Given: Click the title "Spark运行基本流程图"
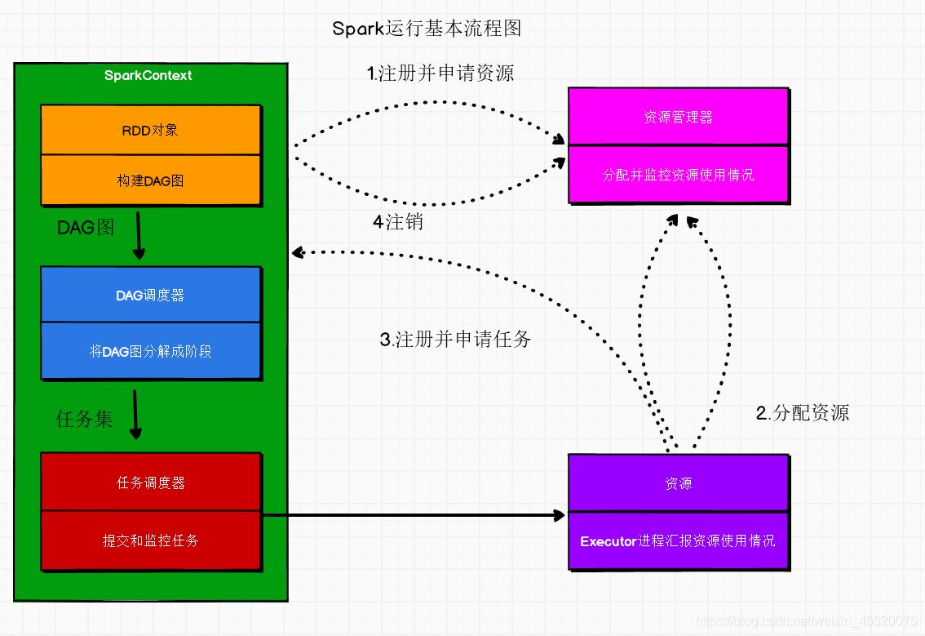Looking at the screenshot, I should [x=427, y=29].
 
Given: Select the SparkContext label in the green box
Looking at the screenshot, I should [x=148, y=75].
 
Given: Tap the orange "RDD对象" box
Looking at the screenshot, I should [x=151, y=130].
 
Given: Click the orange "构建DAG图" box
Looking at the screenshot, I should [x=151, y=180].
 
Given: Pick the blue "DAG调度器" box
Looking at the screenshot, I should [x=151, y=295].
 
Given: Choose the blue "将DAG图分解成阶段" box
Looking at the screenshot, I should [x=151, y=352].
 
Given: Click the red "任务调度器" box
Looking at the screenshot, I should [x=151, y=483].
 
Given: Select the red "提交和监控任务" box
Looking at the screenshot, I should [x=151, y=540].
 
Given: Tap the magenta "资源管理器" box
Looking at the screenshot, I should [x=678, y=117].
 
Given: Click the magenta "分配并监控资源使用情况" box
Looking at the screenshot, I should [x=678, y=175].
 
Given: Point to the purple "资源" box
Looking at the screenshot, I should [x=678, y=483].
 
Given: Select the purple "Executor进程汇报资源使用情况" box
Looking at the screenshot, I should [x=678, y=540].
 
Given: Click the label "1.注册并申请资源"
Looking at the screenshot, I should [x=440, y=73].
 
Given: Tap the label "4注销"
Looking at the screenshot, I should [x=398, y=221].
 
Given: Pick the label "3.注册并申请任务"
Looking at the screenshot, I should [x=455, y=340].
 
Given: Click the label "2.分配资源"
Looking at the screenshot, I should [x=803, y=413].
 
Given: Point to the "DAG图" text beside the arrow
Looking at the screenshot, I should [x=86, y=228].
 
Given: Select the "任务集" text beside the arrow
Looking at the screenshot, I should [x=84, y=420].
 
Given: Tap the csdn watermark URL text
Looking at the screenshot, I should [x=808, y=622].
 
